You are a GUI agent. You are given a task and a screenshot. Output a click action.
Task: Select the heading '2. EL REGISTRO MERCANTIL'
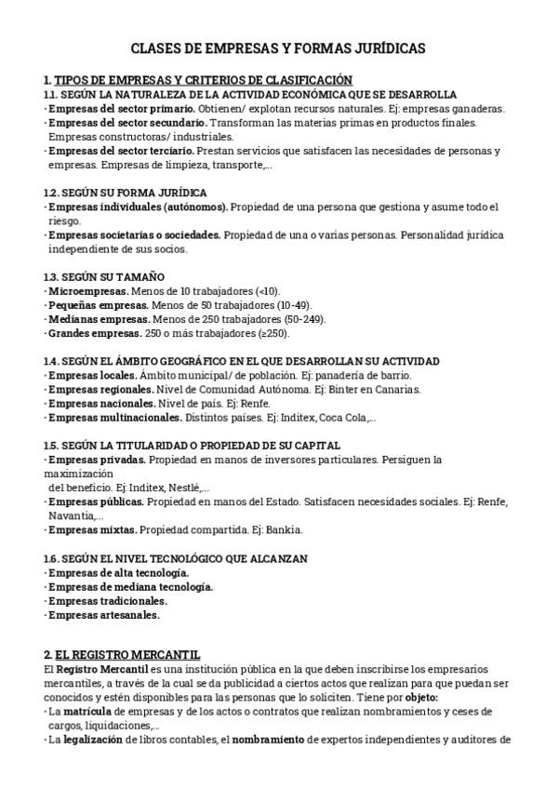(122, 655)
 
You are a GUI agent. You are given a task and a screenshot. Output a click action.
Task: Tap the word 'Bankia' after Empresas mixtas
(284, 530)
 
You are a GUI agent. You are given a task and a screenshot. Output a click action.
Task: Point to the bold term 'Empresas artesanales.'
(103, 615)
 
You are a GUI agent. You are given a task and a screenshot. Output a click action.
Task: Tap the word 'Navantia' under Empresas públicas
(71, 515)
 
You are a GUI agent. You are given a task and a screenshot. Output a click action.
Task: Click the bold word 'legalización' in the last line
(92, 740)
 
